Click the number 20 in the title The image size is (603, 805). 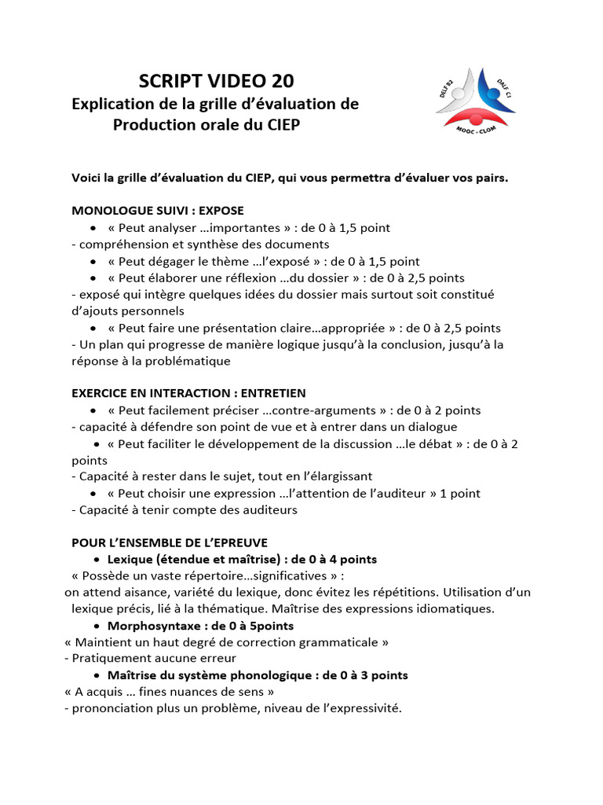[x=282, y=81]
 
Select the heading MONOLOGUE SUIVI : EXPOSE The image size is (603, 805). [x=158, y=211]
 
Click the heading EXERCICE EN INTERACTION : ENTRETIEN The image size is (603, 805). [x=189, y=393]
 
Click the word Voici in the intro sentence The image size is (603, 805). [x=87, y=178]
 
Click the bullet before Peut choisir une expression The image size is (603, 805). [x=94, y=494]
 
